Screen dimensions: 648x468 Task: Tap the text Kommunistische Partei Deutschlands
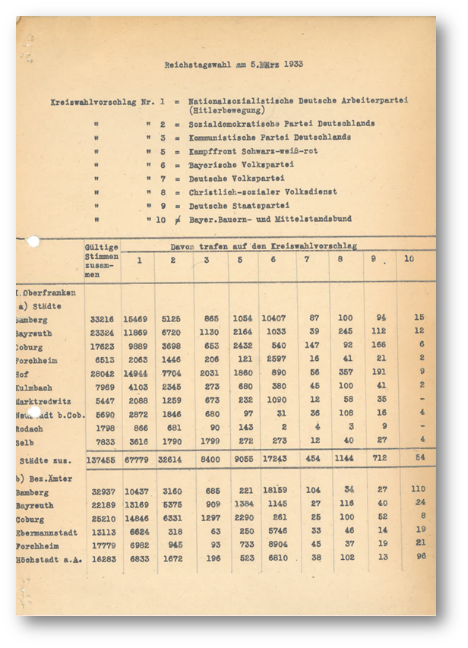pyautogui.click(x=270, y=138)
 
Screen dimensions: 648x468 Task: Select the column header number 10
pyautogui.click(x=409, y=259)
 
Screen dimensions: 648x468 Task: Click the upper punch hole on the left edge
pyautogui.click(x=33, y=242)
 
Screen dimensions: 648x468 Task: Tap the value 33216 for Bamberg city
pyautogui.click(x=101, y=318)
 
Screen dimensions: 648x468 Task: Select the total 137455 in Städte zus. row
pyautogui.click(x=101, y=460)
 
